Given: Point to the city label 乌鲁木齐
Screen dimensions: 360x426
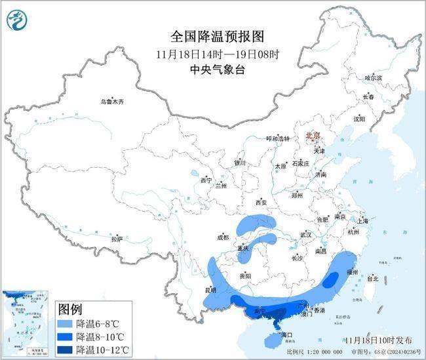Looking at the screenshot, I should (111, 102).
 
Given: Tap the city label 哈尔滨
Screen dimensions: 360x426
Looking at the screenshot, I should (373, 77).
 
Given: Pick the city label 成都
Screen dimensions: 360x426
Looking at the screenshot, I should (223, 237).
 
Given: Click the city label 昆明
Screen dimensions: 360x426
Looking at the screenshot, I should (210, 289).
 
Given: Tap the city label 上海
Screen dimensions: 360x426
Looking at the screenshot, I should (364, 221).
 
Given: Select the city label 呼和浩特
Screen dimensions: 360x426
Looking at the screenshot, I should (277, 138).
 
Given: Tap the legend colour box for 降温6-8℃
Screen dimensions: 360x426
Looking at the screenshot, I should (65, 323).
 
